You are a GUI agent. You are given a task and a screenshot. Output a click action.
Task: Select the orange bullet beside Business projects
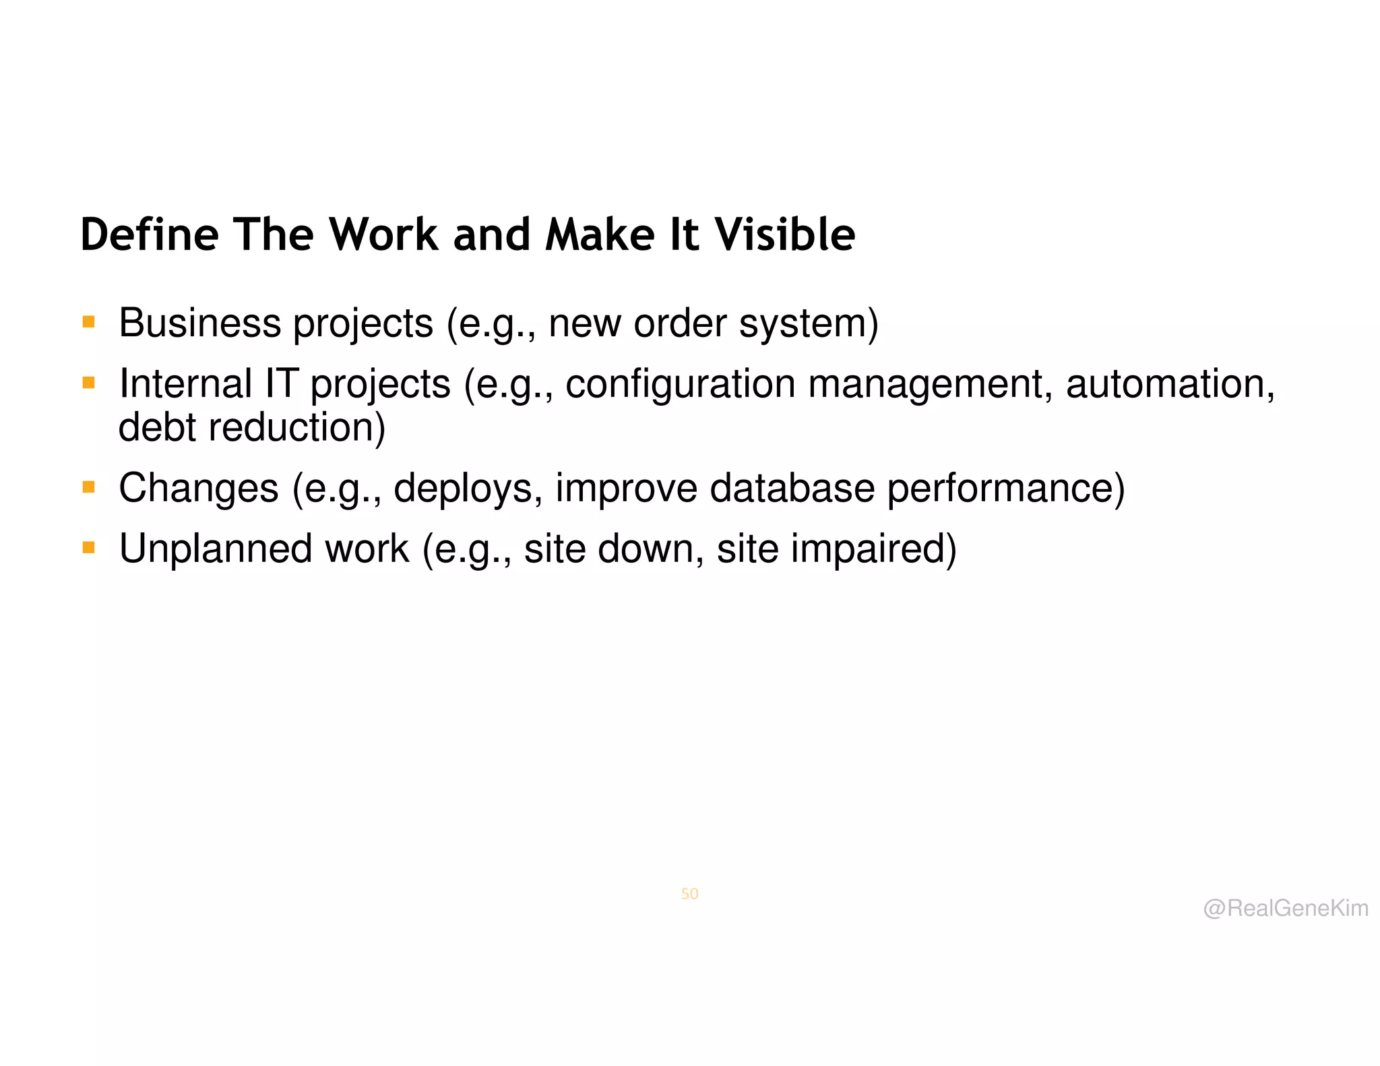coord(88,322)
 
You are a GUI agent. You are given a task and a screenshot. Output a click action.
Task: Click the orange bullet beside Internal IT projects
coord(88,383)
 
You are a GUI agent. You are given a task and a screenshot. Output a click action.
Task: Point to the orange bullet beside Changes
coord(88,487)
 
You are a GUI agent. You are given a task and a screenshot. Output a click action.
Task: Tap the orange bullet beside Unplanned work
coord(88,547)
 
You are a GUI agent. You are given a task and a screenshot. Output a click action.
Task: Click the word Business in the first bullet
coord(199,323)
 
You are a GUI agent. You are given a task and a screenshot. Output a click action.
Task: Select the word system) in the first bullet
coord(809,324)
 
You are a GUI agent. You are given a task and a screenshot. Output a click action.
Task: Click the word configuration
coord(681,384)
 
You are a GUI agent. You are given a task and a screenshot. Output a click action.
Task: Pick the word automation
coord(1170,384)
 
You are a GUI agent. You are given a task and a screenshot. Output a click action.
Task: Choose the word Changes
coord(199,488)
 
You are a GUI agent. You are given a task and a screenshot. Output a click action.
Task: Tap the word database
coord(792,488)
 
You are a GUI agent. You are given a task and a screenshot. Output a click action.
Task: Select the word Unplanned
coord(216,548)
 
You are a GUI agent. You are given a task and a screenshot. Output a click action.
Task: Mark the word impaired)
coord(873,548)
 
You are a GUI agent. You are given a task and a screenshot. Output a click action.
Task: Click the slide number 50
coord(689,893)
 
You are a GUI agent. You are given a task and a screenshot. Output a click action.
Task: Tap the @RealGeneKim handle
coord(1286,908)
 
